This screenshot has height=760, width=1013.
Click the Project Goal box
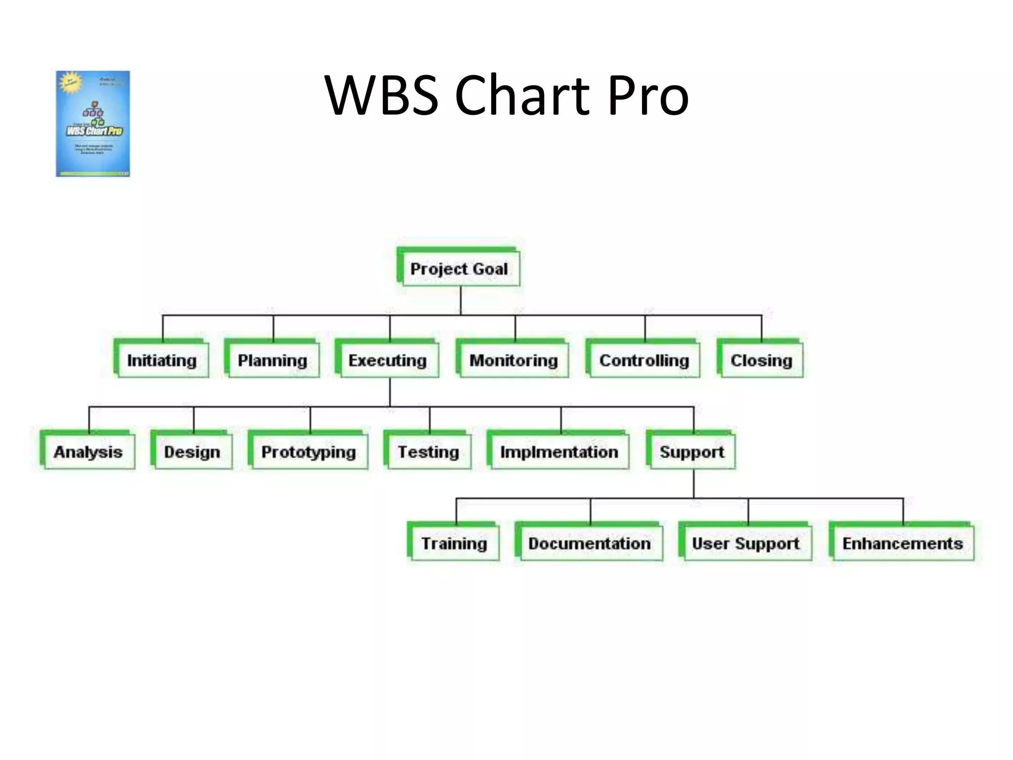[459, 269]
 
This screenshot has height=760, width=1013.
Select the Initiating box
[162, 360]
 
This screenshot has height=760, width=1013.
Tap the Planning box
[272, 360]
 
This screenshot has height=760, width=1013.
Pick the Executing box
[387, 360]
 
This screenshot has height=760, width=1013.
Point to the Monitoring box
[513, 360]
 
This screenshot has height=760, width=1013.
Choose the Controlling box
[644, 360]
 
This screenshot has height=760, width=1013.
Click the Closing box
[761, 360]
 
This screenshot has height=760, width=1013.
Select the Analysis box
[88, 452]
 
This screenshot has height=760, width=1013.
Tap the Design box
[192, 452]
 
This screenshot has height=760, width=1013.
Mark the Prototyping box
[309, 452]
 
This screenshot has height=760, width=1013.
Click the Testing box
[428, 452]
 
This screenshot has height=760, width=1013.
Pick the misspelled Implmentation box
[559, 452]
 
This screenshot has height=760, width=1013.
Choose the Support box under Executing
[691, 452]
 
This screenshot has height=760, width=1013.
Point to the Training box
[454, 543]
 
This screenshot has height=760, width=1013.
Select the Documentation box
[590, 543]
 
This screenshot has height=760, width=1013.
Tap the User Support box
[746, 543]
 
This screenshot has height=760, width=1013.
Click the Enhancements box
[903, 543]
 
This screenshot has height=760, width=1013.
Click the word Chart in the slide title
[522, 95]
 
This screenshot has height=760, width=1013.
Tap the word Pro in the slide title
[648, 95]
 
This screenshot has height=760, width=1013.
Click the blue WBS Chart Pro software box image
[93, 124]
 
